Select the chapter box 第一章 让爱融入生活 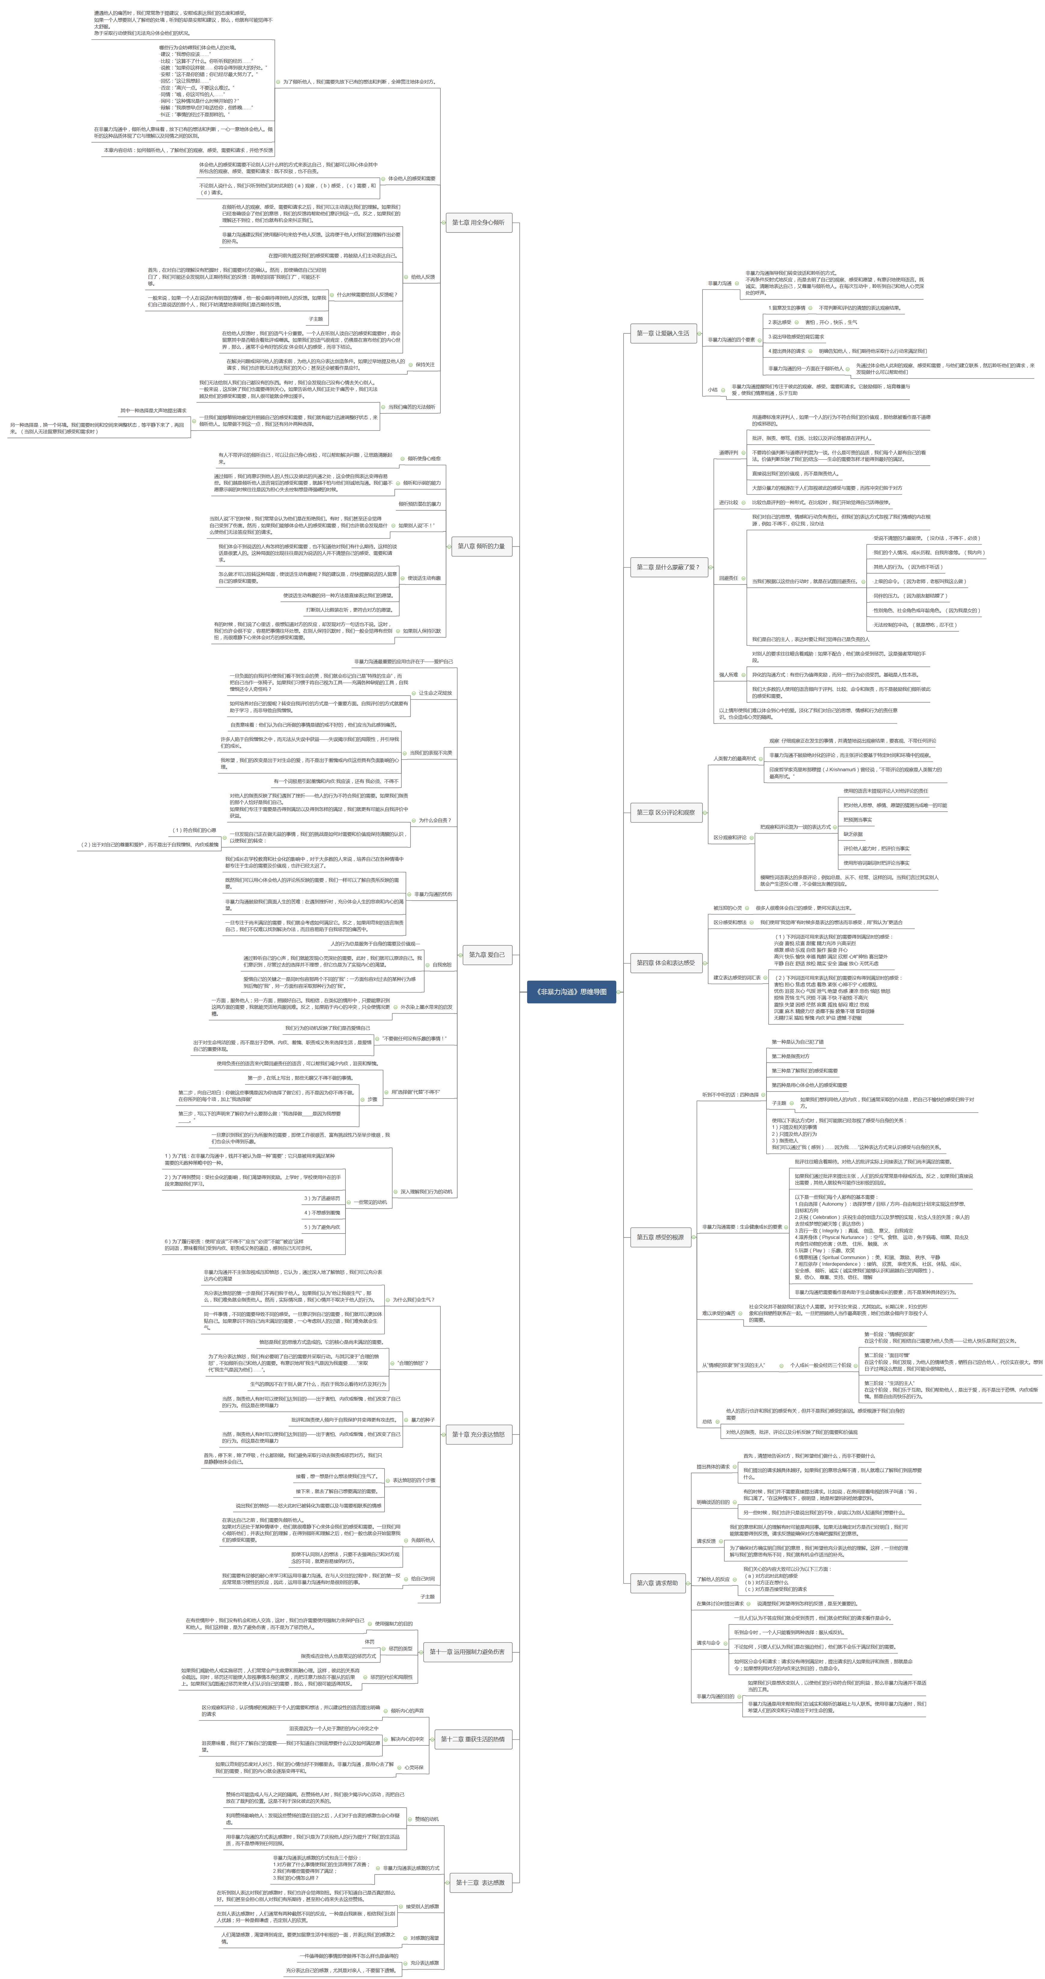coord(662,334)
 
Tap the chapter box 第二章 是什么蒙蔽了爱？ coord(667,567)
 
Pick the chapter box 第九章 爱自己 coord(486,955)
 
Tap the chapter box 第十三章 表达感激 coord(479,1876)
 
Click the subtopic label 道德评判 coord(728,452)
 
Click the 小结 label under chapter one coord(712,389)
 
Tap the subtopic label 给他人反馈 coord(423,276)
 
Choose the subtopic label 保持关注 coord(425,365)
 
